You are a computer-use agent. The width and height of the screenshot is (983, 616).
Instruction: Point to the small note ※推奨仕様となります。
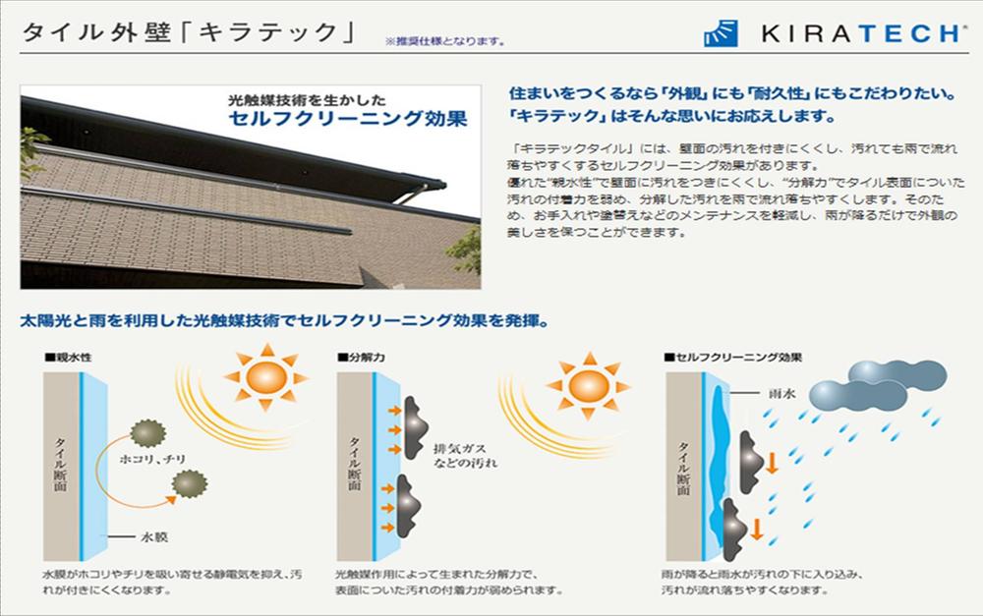(x=447, y=41)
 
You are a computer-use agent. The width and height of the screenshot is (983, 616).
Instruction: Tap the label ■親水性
(x=68, y=359)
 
